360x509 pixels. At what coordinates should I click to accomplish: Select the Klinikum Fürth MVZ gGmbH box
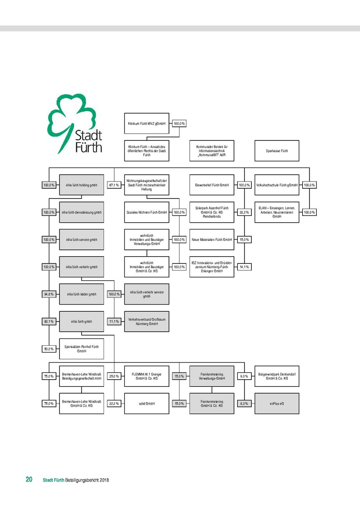[146, 124]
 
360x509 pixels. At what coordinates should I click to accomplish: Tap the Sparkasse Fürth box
[277, 151]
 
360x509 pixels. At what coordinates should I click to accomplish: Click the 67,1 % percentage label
[113, 185]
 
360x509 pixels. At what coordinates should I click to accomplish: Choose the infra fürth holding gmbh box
[82, 185]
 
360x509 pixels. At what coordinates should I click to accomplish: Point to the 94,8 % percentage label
[48, 294]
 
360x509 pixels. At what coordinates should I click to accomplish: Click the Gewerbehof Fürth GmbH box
[212, 185]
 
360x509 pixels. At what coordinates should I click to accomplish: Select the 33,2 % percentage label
[244, 212]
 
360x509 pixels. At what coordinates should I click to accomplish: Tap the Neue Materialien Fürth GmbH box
[212, 240]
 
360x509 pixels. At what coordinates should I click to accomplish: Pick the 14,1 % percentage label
[244, 267]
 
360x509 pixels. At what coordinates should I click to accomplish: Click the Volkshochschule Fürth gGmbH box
[277, 185]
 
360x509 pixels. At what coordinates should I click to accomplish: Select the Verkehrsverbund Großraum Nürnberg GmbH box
[146, 322]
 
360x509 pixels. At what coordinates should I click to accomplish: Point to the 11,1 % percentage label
[113, 322]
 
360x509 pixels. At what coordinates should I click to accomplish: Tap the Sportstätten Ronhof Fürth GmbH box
[82, 349]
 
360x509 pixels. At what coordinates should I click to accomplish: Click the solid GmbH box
[146, 403]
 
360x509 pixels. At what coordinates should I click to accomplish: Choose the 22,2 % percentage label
[113, 403]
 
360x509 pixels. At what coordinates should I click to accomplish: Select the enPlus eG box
[277, 403]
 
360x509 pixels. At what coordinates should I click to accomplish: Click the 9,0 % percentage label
[244, 376]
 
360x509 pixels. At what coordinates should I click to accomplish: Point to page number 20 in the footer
[29, 480]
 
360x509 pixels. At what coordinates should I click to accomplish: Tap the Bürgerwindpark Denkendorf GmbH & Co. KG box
[277, 376]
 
